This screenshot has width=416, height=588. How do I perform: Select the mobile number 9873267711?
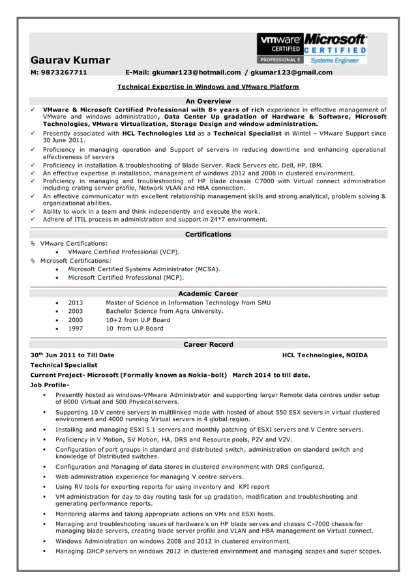(63, 72)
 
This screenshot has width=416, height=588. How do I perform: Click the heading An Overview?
(208, 101)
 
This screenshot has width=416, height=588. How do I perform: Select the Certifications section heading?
(208, 234)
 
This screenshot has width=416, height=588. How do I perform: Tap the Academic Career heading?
(208, 293)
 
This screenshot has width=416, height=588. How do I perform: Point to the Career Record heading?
(208, 344)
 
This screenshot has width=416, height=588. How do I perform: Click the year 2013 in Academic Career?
(75, 302)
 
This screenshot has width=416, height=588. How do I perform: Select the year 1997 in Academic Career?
(75, 329)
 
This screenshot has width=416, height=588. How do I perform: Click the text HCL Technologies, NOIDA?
(325, 355)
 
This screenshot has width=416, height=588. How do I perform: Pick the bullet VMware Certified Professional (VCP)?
(124, 252)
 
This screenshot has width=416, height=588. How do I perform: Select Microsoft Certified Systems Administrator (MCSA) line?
(144, 269)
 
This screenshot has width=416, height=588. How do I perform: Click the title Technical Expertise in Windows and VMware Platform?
(208, 86)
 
